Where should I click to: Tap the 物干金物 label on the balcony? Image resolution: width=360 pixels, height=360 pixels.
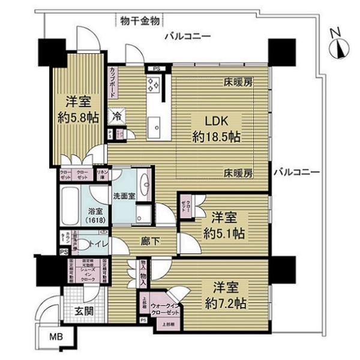[x=139, y=22]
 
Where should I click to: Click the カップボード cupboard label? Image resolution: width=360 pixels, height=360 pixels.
[x=113, y=83]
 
